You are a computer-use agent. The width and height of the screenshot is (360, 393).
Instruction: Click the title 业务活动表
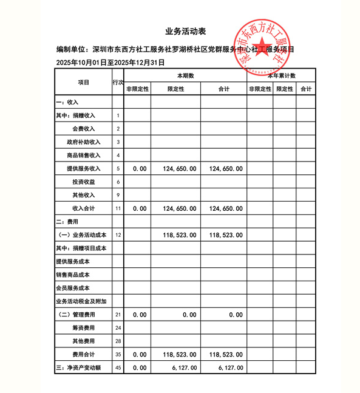(180, 31)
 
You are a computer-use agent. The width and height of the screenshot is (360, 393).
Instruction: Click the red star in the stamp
(261, 50)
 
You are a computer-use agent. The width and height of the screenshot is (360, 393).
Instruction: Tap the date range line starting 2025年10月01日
(110, 63)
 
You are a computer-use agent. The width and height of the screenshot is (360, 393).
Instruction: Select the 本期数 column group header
(185, 76)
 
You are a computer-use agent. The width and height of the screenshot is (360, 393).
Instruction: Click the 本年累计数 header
(280, 76)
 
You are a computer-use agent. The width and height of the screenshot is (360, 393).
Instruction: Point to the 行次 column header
(118, 82)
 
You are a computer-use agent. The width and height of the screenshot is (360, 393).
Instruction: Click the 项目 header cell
(83, 82)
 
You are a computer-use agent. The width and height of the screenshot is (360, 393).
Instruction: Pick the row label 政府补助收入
(84, 142)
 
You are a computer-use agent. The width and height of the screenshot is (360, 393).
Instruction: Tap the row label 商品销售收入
(84, 155)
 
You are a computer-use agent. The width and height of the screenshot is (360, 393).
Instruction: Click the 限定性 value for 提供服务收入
(180, 168)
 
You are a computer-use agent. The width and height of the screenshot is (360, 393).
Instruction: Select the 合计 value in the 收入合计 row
(224, 208)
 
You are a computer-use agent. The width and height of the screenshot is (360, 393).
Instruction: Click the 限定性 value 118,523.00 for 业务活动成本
(180, 234)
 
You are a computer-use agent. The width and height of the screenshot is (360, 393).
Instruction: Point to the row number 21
(118, 315)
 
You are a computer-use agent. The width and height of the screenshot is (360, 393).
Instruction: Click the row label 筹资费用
(83, 328)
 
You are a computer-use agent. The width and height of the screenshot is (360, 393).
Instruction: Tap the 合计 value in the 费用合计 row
(224, 354)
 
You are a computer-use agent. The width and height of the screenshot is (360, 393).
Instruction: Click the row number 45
(118, 367)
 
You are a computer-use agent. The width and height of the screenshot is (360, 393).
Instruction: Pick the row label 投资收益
(83, 182)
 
